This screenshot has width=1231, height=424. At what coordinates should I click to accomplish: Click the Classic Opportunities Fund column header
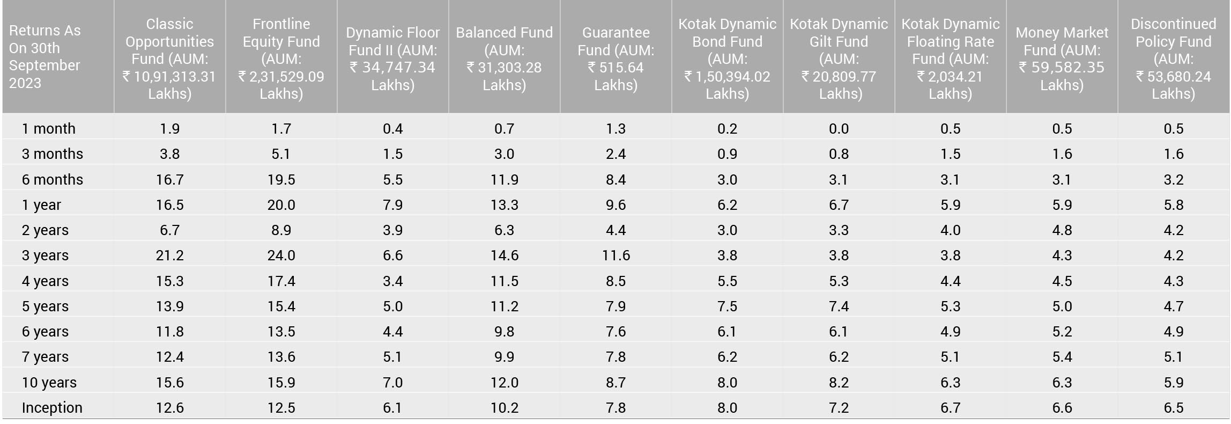[169, 59]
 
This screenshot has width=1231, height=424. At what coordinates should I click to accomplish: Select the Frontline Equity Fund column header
[281, 59]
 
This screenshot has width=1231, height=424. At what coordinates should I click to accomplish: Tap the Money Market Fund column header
[1062, 59]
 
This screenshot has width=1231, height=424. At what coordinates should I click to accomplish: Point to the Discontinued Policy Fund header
[1173, 59]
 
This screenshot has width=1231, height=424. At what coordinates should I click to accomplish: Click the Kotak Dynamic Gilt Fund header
[839, 59]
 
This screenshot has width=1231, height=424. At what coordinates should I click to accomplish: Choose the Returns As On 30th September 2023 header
[45, 56]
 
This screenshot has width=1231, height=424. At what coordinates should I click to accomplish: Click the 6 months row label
[53, 179]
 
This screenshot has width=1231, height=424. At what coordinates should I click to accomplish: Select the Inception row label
[52, 407]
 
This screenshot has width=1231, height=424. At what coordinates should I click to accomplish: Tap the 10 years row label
[49, 382]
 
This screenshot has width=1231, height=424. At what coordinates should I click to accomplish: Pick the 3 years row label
[45, 255]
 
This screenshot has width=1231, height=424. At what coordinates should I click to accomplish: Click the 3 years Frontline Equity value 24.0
[281, 255]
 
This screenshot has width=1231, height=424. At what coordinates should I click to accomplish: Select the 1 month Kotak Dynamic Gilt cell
[839, 129]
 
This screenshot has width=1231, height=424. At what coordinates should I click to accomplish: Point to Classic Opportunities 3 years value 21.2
[169, 255]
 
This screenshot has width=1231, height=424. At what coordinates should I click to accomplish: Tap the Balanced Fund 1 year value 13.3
[504, 204]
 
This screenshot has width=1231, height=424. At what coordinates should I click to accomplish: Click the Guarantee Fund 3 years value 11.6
[615, 255]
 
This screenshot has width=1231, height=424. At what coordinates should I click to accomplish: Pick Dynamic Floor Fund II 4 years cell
[392, 281]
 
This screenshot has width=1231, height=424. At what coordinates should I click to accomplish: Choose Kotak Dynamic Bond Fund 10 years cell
[727, 382]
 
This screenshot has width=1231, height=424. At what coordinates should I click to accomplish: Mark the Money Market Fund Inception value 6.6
[1062, 407]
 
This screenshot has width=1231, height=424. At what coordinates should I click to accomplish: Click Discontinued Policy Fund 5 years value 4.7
[1173, 306]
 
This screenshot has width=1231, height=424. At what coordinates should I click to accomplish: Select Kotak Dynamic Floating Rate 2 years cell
[950, 230]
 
